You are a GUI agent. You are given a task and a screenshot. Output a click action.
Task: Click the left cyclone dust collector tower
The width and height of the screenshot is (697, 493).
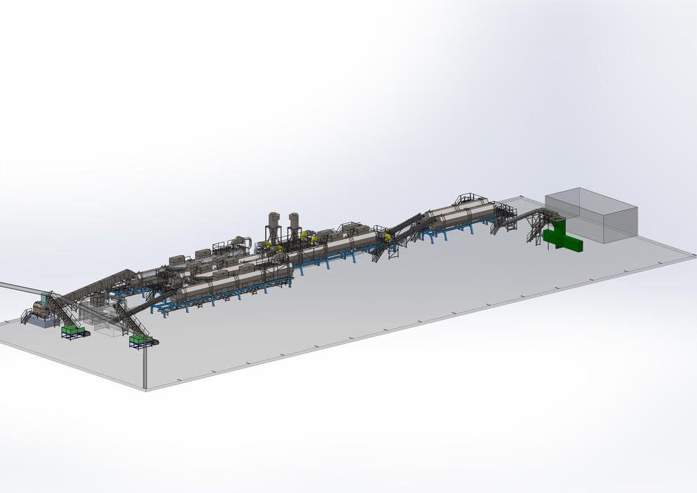pos(273,227)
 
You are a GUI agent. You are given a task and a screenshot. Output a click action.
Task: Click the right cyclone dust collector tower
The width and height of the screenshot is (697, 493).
pos(295,227)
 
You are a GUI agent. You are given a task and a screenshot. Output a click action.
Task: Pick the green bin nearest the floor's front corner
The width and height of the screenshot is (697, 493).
pos(140,340)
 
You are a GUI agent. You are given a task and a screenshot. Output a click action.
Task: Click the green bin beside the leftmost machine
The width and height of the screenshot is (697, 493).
pos(73,330)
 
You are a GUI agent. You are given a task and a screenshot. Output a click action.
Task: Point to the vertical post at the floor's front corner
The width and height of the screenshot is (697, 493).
pos(145,365)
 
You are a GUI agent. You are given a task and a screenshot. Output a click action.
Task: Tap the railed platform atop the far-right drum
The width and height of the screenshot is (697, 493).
pos(469,199)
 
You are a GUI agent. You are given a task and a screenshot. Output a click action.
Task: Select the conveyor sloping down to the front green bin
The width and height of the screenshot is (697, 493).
pos(130,319)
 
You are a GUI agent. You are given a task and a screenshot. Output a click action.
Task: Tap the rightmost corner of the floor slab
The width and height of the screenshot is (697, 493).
pos(693,256)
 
